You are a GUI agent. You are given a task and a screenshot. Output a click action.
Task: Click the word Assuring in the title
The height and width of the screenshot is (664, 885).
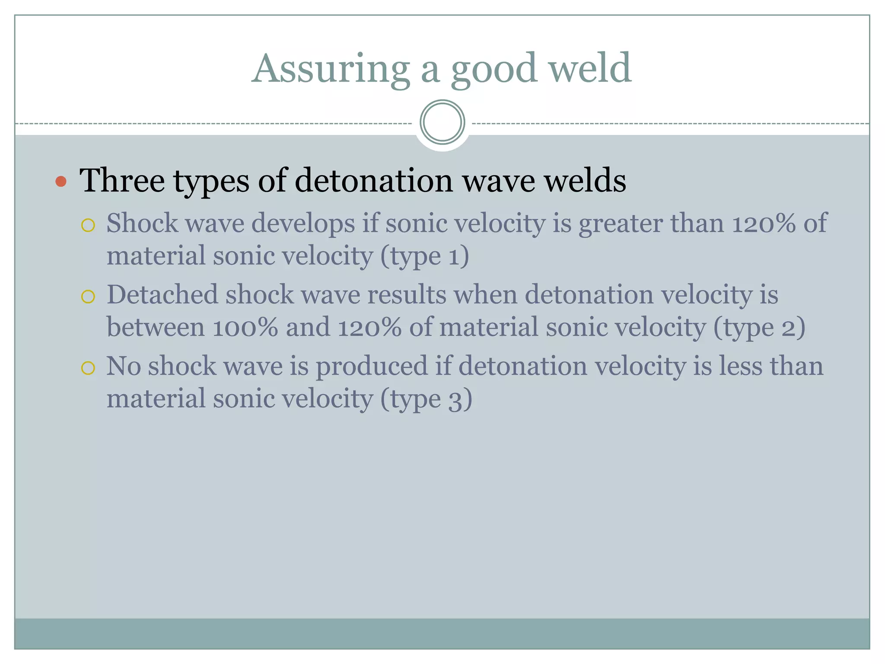click(x=331, y=69)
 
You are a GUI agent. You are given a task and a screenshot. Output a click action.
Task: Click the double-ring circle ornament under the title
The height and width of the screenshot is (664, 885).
click(x=442, y=122)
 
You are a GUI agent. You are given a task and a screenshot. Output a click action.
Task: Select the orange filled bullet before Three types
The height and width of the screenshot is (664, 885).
click(x=61, y=181)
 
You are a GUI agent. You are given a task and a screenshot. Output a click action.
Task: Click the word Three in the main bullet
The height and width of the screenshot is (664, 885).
click(x=122, y=180)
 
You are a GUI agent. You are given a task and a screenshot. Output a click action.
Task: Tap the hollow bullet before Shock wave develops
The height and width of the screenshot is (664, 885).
click(x=88, y=225)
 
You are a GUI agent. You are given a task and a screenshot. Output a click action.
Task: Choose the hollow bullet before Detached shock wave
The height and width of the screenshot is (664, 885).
click(x=88, y=297)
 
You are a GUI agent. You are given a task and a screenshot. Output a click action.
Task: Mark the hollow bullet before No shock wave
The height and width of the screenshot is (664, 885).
click(x=88, y=368)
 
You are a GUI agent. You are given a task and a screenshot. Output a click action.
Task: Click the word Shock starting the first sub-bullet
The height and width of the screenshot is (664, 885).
click(x=142, y=223)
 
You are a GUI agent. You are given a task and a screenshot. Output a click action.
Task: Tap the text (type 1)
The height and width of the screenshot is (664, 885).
click(x=424, y=256)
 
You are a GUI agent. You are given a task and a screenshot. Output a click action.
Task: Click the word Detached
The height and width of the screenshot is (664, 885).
click(x=162, y=295)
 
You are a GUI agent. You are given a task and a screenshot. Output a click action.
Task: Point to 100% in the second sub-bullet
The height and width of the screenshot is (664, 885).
click(x=245, y=328)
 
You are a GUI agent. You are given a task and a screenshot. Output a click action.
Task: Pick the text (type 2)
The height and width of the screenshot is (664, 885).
click(x=759, y=328)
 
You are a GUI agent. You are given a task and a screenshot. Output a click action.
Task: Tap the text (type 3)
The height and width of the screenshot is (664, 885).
click(x=426, y=399)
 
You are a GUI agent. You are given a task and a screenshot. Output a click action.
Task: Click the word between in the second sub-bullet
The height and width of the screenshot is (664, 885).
click(x=155, y=327)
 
